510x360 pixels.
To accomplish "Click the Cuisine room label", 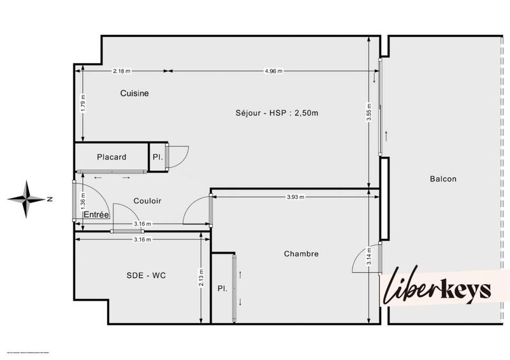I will (135, 94).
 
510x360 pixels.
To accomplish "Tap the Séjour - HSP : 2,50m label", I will (277, 113).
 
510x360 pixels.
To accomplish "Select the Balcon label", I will (443, 179).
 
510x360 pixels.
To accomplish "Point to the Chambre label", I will (301, 254).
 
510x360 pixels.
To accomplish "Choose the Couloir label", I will (147, 201).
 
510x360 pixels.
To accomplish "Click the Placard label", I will (112, 157).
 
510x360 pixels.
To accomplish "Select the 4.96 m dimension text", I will (273, 71).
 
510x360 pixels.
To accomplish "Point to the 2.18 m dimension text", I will (122, 71).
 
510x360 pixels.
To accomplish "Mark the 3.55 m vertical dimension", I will (369, 113).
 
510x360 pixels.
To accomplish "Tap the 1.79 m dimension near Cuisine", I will (83, 104).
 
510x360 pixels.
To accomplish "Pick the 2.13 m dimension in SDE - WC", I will (201, 278).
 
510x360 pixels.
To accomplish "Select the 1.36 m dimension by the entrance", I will (83, 201).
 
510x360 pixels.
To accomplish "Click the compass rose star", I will (26, 199).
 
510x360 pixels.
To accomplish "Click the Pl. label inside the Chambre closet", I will (222, 288).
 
